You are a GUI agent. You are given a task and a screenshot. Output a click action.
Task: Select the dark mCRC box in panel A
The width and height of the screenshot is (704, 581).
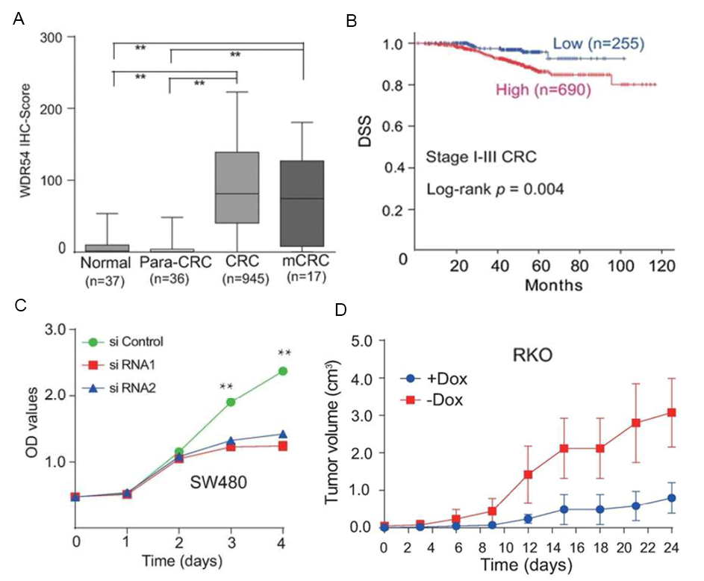302,203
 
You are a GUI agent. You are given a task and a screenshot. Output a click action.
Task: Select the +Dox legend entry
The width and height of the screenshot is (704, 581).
437,377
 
